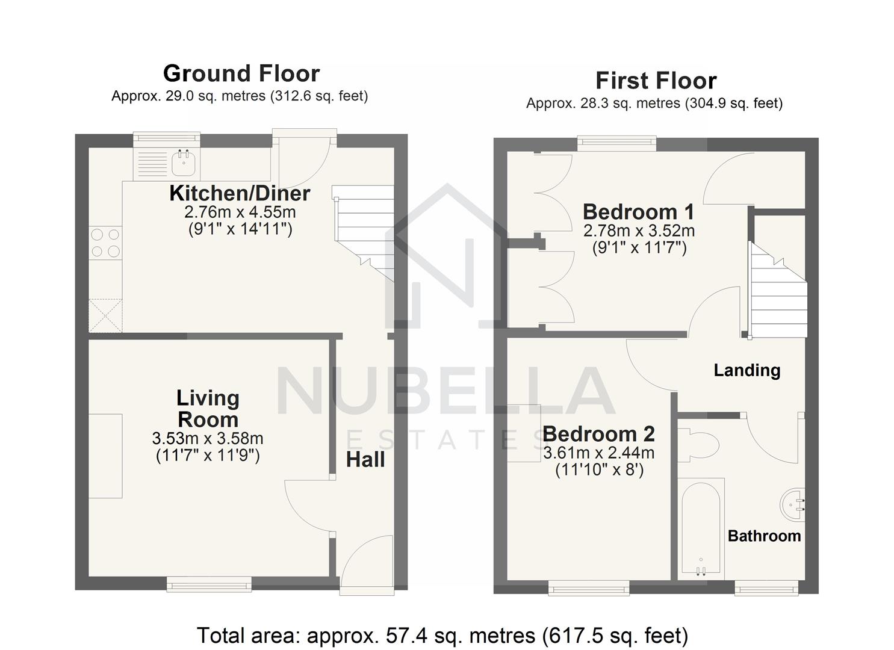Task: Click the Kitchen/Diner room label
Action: point(240,194)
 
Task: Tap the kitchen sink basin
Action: point(184,162)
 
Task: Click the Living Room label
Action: point(208,409)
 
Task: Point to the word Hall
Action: point(365,460)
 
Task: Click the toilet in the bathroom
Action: point(698,445)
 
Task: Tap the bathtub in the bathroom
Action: point(701,529)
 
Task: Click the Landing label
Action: point(747,371)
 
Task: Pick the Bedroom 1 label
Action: point(639,212)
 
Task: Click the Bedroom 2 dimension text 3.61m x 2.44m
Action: point(598,453)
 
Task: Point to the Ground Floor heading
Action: point(241,74)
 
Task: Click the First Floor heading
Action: point(656,81)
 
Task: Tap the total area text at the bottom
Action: point(442,636)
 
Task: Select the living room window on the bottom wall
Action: point(209,584)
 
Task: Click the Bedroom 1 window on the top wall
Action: point(616,144)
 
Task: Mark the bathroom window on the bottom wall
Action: point(766,588)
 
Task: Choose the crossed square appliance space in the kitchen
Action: point(105,315)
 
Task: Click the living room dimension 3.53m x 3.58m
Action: point(208,439)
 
